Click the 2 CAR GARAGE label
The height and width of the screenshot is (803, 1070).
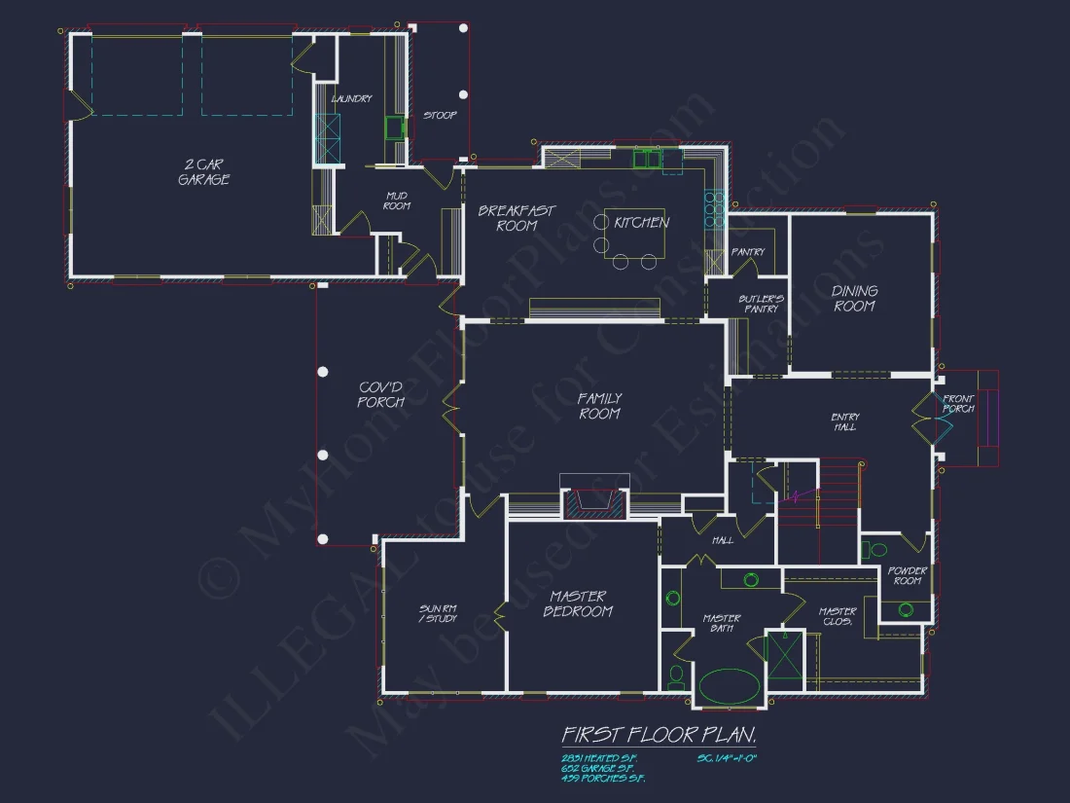tap(203, 172)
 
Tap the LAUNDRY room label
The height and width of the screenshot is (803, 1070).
tap(351, 99)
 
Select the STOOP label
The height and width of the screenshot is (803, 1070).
tap(440, 116)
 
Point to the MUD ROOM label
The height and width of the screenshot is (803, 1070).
tap(397, 201)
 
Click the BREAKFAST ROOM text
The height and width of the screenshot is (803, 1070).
tap(517, 218)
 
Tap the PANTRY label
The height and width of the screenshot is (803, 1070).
tap(747, 252)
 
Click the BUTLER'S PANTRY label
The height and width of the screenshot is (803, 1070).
tap(760, 303)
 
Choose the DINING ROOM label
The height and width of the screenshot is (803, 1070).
tap(854, 298)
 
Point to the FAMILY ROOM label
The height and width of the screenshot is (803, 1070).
tap(599, 406)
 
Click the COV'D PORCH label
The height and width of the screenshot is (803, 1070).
tap(381, 394)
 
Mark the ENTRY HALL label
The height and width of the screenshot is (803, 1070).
tap(844, 422)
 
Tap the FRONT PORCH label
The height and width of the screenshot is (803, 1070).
tap(958, 404)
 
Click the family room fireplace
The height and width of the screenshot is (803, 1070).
tap(593, 498)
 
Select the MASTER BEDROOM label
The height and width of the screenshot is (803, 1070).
tap(578, 603)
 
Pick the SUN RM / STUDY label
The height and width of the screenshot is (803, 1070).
tap(438, 612)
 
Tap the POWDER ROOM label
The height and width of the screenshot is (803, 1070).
tap(907, 575)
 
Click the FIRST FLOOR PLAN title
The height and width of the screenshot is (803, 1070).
tap(659, 733)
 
